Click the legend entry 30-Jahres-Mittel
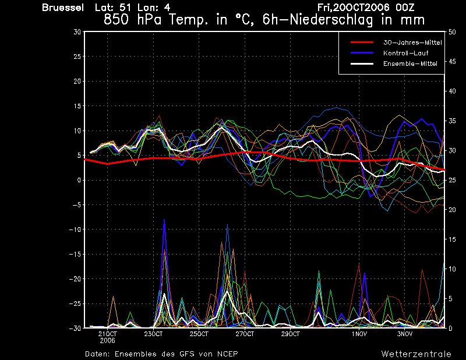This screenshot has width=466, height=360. pyautogui.click(x=412, y=43)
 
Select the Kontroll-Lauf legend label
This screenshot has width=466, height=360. pyautogui.click(x=405, y=53)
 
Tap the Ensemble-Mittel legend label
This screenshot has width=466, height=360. pyautogui.click(x=410, y=63)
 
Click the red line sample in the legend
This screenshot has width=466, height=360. pyautogui.click(x=362, y=43)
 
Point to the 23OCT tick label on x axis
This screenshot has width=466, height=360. pyautogui.click(x=153, y=334)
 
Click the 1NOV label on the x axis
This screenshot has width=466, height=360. pyautogui.click(x=359, y=334)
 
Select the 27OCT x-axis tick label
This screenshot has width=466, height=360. pyautogui.click(x=245, y=334)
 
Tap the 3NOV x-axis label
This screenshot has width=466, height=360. pyautogui.click(x=405, y=334)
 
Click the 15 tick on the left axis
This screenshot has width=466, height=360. pyautogui.click(x=77, y=106)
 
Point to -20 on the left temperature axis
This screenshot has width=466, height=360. pyautogui.click(x=75, y=279)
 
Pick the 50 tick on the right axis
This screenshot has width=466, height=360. pyautogui.click(x=452, y=32)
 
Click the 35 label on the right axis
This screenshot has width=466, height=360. pyautogui.click(x=452, y=121)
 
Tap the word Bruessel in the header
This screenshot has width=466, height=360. pyautogui.click(x=63, y=8)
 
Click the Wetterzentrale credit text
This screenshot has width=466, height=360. pyautogui.click(x=416, y=354)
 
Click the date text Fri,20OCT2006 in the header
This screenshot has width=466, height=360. pyautogui.click(x=354, y=8)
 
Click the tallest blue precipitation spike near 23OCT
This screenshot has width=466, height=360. pyautogui.click(x=164, y=220)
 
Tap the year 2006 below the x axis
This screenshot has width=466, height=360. pyautogui.click(x=107, y=340)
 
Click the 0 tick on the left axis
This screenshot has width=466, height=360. pyautogui.click(x=79, y=180)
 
